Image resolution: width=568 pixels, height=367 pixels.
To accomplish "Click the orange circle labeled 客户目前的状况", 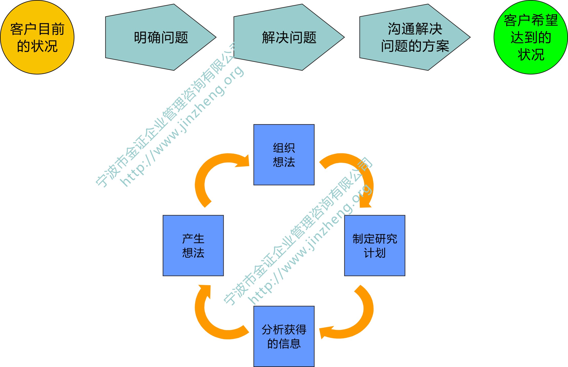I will [37, 37].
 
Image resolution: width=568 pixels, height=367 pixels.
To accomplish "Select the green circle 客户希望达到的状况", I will [531, 37].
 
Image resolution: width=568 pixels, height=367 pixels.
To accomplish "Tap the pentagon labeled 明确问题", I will [161, 37].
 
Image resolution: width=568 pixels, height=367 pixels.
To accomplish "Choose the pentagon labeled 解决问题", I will [289, 37].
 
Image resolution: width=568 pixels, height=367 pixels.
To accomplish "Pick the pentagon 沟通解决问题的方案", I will [415, 37].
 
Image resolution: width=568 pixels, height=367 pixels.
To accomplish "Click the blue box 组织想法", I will [284, 155].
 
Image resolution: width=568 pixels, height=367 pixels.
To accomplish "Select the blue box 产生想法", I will [193, 245].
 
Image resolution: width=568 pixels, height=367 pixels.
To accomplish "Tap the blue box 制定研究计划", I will [375, 245].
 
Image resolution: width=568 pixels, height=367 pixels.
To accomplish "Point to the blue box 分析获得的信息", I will [284, 336].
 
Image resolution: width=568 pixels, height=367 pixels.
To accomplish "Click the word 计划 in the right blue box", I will [375, 253].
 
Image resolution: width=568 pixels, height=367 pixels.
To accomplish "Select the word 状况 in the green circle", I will [531, 55].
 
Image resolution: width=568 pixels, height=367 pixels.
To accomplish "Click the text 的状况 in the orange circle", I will [37, 46].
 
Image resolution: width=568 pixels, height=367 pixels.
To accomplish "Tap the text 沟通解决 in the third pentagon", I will [415, 29].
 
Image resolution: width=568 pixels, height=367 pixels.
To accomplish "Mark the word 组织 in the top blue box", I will [284, 148].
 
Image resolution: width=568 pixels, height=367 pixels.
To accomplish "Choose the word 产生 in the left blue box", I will [193, 239].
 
